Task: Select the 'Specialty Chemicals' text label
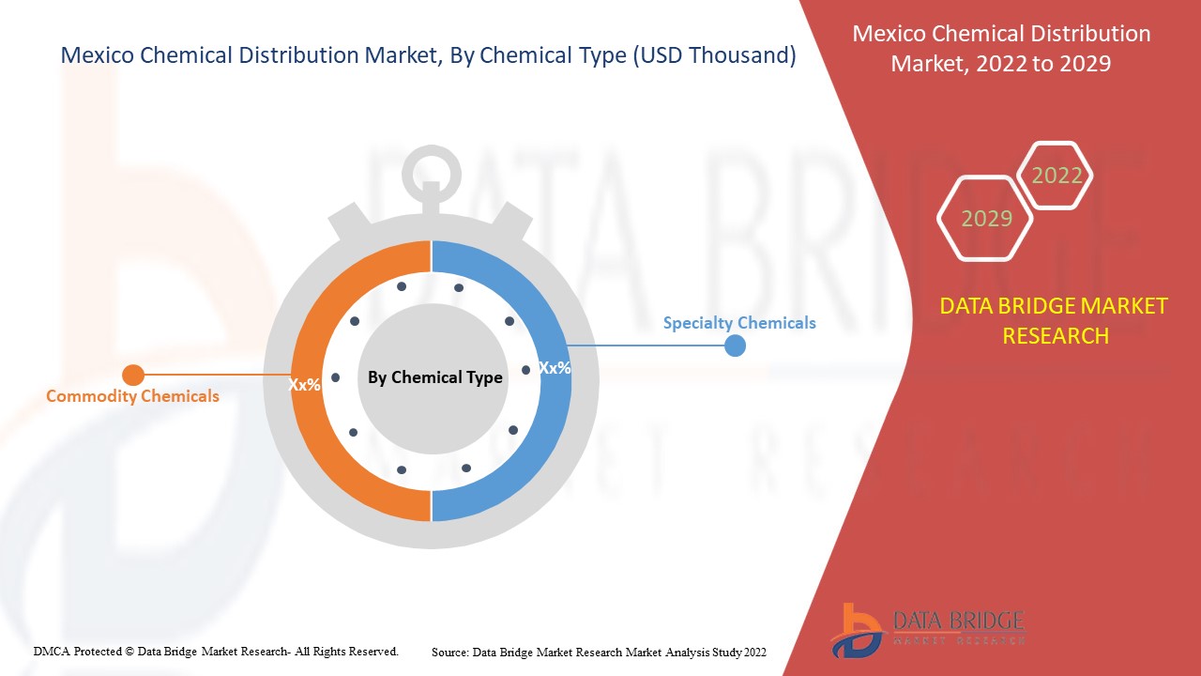point(738,323)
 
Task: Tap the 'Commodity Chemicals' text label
point(132,396)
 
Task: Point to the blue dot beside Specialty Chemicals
point(736,346)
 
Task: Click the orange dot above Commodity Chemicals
point(133,376)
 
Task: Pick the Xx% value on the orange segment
point(304,385)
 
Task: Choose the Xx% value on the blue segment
point(555,368)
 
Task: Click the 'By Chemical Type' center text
point(434,377)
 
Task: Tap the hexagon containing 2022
point(1057,176)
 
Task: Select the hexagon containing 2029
point(986,219)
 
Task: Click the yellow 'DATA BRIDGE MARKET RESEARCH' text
point(1054,321)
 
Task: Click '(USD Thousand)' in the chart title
point(714,55)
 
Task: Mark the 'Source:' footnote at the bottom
point(450,652)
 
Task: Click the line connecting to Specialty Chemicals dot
point(647,346)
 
